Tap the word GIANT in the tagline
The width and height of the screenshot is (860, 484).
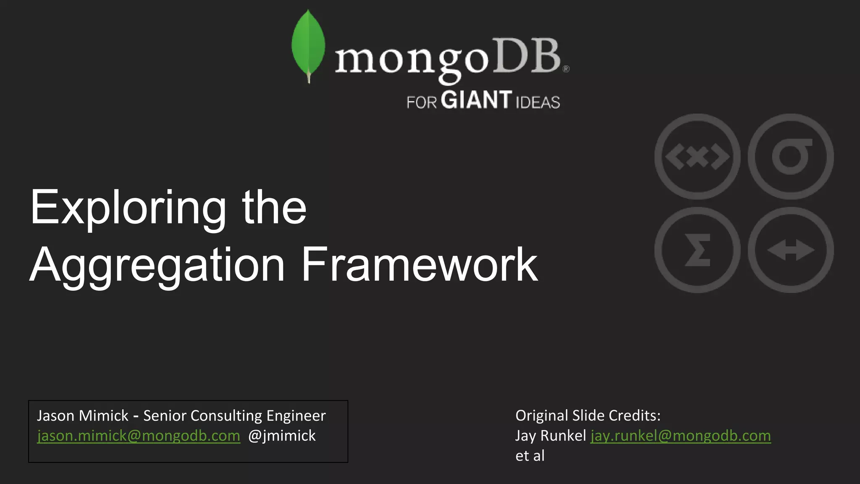point(477,100)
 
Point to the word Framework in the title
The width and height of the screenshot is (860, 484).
point(419,265)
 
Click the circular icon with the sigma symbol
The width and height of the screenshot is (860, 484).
point(697,250)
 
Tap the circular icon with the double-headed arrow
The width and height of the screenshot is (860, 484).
point(790,250)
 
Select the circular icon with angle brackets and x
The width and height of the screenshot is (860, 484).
point(697,157)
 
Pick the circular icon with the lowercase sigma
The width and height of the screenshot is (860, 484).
point(790,157)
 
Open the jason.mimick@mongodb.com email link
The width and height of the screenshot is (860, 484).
point(139,436)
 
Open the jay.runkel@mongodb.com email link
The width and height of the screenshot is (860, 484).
point(680,436)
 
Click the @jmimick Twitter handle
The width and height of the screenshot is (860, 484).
point(282,436)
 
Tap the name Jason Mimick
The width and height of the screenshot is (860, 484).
point(83,416)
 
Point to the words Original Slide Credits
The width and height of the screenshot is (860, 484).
point(587,416)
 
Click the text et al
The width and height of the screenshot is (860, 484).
point(530,456)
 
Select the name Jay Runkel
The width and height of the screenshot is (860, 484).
point(550,436)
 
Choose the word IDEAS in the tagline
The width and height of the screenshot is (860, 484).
point(537,103)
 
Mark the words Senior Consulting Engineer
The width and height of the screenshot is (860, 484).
point(234,416)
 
